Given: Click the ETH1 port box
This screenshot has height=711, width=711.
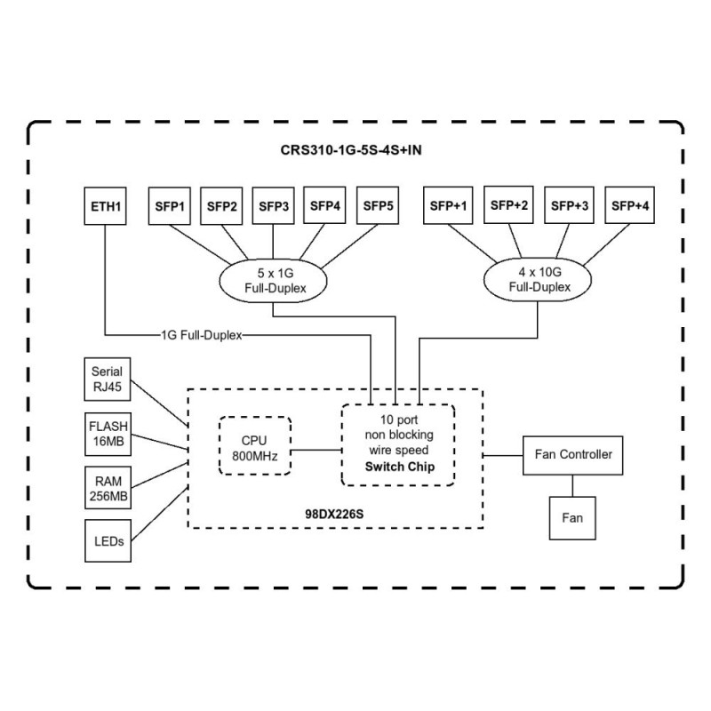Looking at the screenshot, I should pyautogui.click(x=106, y=206).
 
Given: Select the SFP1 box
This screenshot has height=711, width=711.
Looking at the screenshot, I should pyautogui.click(x=171, y=206).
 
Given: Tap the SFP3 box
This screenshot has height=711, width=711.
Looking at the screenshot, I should pyautogui.click(x=274, y=206).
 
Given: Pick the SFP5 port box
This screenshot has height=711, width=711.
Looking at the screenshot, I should pyautogui.click(x=378, y=206).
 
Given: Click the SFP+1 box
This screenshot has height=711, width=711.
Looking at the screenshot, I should pyautogui.click(x=449, y=206).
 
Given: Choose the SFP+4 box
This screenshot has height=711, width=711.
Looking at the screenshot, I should pyautogui.click(x=630, y=206).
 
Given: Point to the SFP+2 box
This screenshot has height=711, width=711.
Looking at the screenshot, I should pyautogui.click(x=509, y=206).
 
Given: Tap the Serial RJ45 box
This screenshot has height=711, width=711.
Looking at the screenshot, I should pyautogui.click(x=108, y=378).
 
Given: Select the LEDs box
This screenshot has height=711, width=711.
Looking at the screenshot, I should pyautogui.click(x=108, y=540).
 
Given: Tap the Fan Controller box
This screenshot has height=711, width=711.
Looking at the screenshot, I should pyautogui.click(x=572, y=454).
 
